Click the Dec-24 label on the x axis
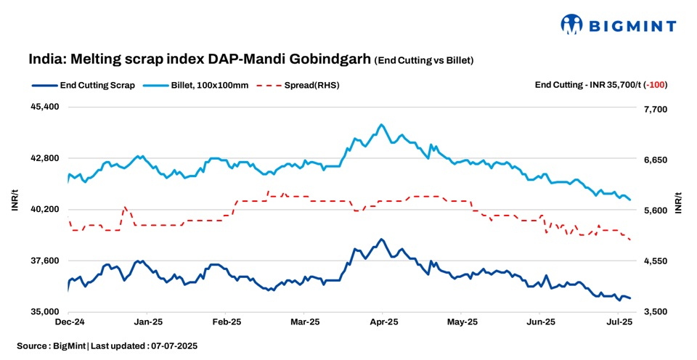70,322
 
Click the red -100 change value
658,85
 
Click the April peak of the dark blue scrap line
381,239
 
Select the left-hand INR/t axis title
15,202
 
